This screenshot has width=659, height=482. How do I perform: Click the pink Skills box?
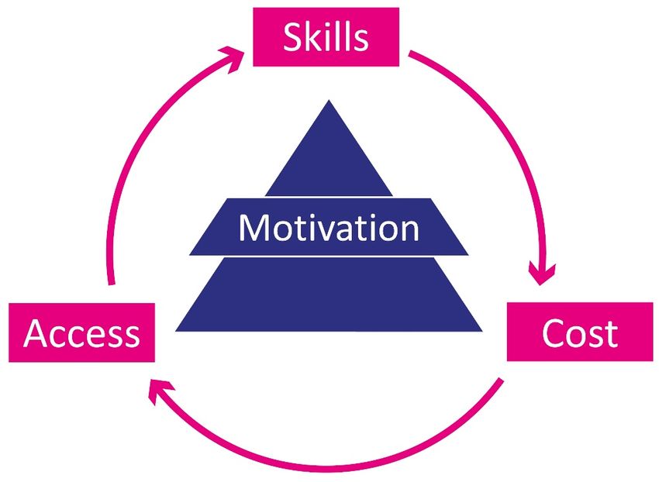(326, 37)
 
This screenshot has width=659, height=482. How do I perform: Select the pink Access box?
(81, 333)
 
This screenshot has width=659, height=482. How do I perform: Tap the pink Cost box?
(579, 332)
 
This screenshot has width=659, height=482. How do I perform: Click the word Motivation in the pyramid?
(329, 228)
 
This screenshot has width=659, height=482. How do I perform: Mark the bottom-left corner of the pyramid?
(178, 330)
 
